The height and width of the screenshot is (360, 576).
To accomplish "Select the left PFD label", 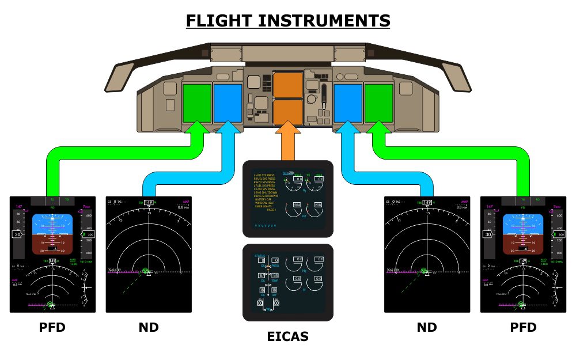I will tap(52, 328).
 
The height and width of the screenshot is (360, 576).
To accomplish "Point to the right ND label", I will tap(427, 328).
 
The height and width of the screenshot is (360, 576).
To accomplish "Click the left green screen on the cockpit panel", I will tap(197, 103).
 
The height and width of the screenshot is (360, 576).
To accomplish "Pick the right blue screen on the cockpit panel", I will tap(348, 103).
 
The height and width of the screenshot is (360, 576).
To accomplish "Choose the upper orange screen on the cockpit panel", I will tap(287, 85).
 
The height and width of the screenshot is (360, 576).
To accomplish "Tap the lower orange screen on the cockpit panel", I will tap(287, 112).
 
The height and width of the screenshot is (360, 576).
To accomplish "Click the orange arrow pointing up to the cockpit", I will tap(287, 144).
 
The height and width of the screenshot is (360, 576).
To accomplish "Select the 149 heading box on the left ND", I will tap(149, 203).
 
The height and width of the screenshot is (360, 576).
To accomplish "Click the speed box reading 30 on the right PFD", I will tap(488, 234).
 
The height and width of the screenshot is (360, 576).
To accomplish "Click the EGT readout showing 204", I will tap(297, 205).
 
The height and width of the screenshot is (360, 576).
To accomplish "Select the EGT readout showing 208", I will tap(319, 205).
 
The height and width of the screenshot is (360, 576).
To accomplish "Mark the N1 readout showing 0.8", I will tap(298, 179).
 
